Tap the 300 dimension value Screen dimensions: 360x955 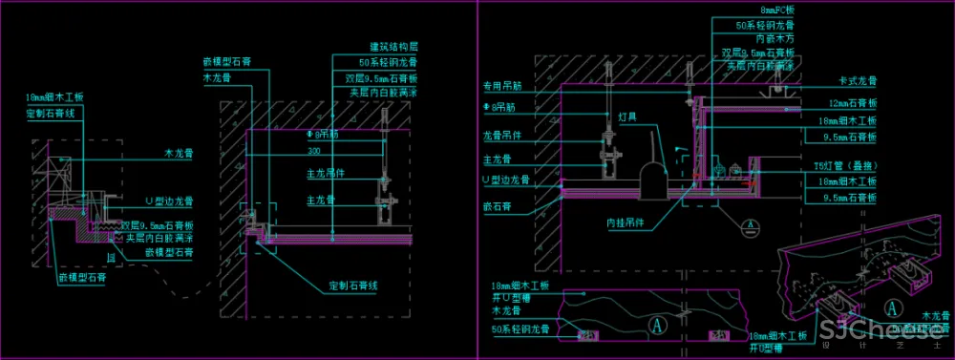point(313,151)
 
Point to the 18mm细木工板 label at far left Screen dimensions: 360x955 point(55,97)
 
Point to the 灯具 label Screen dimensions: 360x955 point(627,117)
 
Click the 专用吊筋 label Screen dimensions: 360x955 point(502,86)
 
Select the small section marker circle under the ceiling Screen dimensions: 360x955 point(751,225)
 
